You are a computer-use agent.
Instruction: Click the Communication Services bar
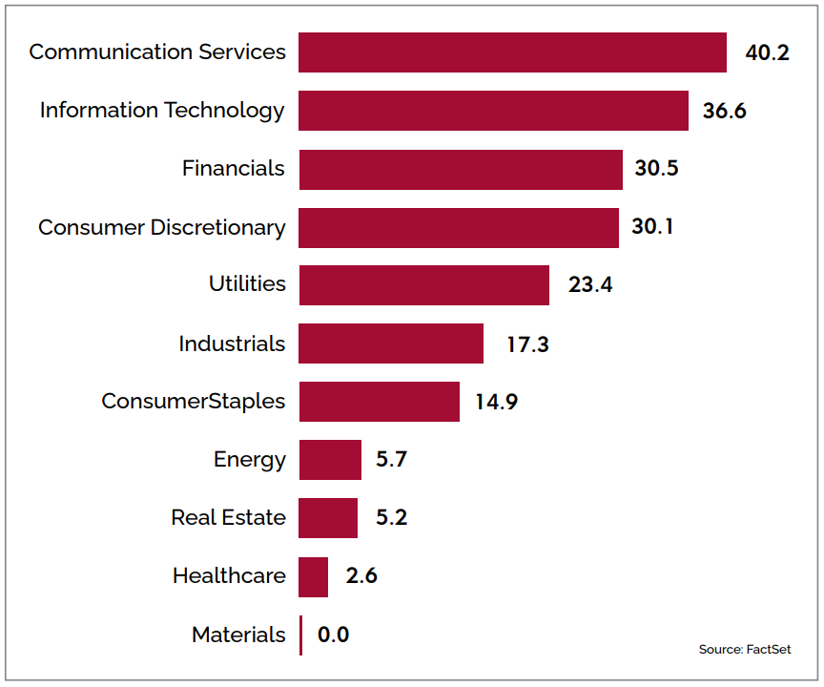pyautogui.click(x=512, y=52)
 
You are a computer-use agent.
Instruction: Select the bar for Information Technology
pyautogui.click(x=493, y=111)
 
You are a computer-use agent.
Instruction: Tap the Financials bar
pyautogui.click(x=460, y=169)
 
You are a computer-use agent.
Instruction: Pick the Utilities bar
pyautogui.click(x=423, y=284)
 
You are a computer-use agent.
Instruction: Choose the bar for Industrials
pyautogui.click(x=391, y=343)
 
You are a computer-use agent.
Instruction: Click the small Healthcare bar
pyautogui.click(x=314, y=576)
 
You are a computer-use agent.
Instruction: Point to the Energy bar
pyautogui.click(x=330, y=460)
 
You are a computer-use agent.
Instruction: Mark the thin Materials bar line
pyautogui.click(x=300, y=635)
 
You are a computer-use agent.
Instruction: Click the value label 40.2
pyautogui.click(x=767, y=52)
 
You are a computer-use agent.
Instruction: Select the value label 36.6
pyautogui.click(x=724, y=111)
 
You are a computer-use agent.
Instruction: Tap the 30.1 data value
pyautogui.click(x=652, y=227)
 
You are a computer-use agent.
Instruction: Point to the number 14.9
pyautogui.click(x=496, y=402)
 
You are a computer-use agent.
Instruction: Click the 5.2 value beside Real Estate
pyautogui.click(x=391, y=518)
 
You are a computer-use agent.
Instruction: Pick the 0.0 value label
pyautogui.click(x=333, y=635)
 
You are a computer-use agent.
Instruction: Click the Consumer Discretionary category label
pyautogui.click(x=161, y=227)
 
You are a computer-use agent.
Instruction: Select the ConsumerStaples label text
pyautogui.click(x=193, y=402)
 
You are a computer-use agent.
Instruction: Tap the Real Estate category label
pyautogui.click(x=228, y=518)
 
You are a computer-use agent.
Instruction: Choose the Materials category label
pyautogui.click(x=238, y=635)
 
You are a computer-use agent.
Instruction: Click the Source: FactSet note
pyautogui.click(x=744, y=650)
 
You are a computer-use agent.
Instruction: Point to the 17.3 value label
pyautogui.click(x=527, y=343)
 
